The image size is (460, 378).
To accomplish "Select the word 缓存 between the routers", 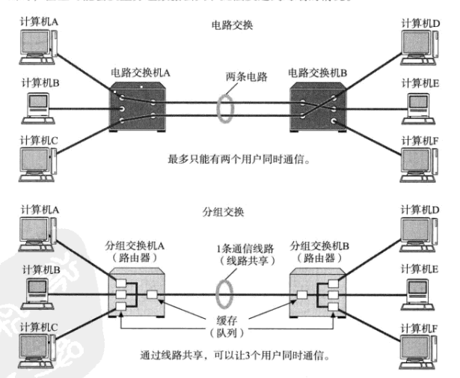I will pos(230,317).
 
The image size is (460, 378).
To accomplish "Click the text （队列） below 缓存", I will pos(230,329).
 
